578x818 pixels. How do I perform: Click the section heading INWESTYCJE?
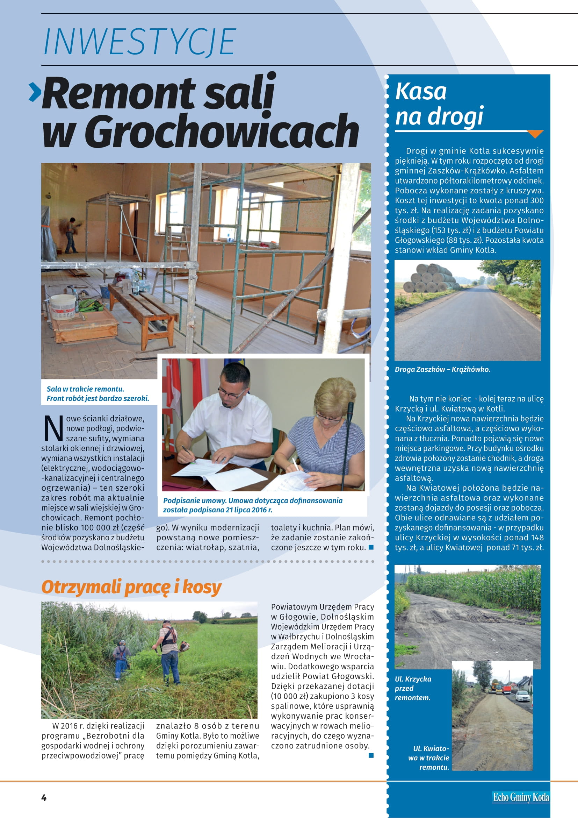139,42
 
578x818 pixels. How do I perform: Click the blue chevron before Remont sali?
35,92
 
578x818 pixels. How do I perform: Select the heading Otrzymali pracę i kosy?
131,587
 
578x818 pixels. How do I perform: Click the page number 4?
44,797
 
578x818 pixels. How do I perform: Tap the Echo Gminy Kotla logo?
521,797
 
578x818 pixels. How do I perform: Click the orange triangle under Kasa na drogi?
535,134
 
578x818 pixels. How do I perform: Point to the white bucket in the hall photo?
63,307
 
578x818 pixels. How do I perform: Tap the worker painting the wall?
71,235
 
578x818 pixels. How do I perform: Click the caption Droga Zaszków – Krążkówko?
442,369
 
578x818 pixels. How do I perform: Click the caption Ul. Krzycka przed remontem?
413,688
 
